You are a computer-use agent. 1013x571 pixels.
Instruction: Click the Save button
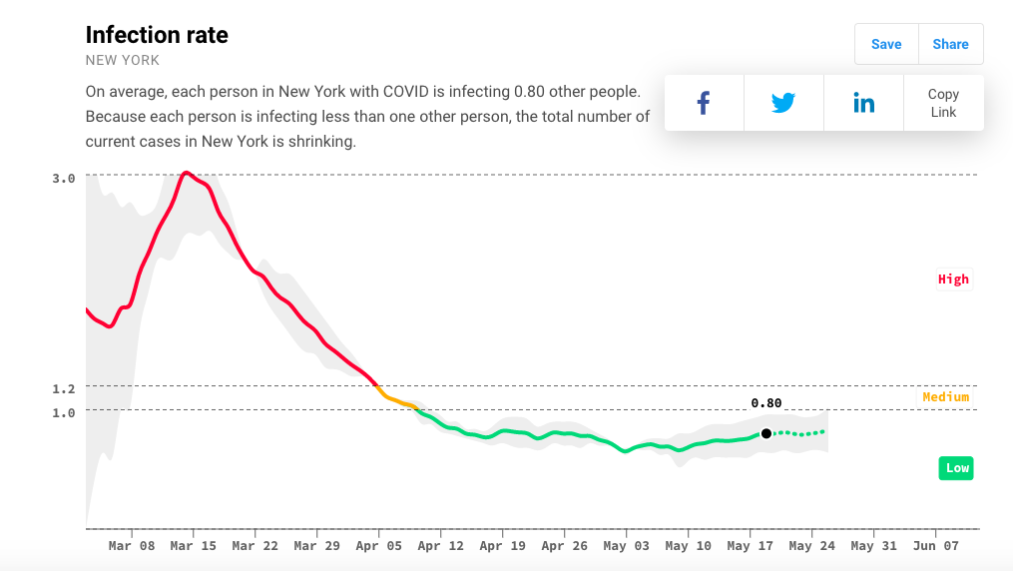[886, 44]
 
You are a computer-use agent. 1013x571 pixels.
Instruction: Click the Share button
[950, 44]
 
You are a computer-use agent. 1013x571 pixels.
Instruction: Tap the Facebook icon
[704, 103]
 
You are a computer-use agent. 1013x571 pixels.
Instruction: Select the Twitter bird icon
[783, 103]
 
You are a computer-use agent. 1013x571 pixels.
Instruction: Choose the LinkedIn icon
[863, 103]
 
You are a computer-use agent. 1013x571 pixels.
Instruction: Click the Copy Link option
[943, 103]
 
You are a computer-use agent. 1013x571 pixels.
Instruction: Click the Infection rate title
[157, 35]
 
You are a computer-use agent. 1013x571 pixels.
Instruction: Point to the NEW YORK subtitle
[123, 61]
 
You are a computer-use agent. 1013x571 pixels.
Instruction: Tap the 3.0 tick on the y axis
[64, 179]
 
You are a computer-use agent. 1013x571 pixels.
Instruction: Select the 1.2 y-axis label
[64, 388]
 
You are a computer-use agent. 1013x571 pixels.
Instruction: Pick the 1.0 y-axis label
[64, 412]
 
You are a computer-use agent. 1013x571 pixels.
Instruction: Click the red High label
[953, 280]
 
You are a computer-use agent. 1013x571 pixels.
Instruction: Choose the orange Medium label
[945, 397]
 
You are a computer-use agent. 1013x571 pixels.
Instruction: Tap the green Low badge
[956, 468]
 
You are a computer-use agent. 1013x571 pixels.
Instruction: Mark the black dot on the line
[766, 433]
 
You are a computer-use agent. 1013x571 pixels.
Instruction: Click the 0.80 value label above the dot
[766, 403]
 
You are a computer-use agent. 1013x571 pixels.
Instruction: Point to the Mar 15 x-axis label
[194, 546]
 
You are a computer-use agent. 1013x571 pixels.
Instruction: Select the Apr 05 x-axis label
[379, 546]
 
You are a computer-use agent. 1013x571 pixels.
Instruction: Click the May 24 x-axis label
[812, 546]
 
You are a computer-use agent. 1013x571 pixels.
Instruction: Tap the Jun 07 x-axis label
[936, 546]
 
